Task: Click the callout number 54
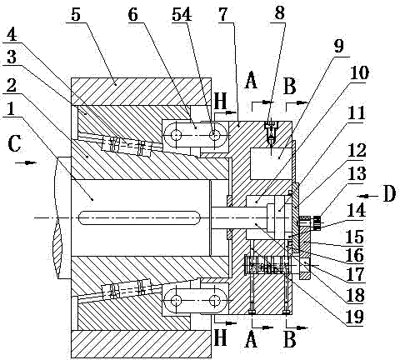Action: pyautogui.click(x=182, y=14)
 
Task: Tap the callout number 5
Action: pyautogui.click(x=76, y=14)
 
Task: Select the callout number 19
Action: pyautogui.click(x=354, y=317)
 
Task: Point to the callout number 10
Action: pyautogui.click(x=359, y=72)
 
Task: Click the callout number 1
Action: pyautogui.click(x=10, y=109)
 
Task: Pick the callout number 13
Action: pyautogui.click(x=357, y=174)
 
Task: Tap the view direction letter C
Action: pyautogui.click(x=14, y=144)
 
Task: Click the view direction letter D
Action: pyautogui.click(x=389, y=193)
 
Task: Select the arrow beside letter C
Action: pyautogui.click(x=26, y=162)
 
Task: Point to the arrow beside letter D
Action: pyautogui.click(x=367, y=196)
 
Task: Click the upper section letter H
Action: pyautogui.click(x=221, y=101)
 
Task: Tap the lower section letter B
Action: pyautogui.click(x=290, y=339)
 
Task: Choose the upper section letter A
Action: pyautogui.click(x=251, y=80)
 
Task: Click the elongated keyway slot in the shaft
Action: pyautogui.click(x=140, y=217)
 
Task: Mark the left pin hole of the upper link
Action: pyautogui.click(x=176, y=136)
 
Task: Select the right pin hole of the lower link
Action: pyautogui.click(x=215, y=300)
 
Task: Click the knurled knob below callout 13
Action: pyautogui.click(x=317, y=223)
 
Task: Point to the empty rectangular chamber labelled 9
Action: pyautogui.click(x=271, y=163)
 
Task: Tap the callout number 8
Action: pyautogui.click(x=280, y=12)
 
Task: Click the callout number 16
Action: pyautogui.click(x=354, y=255)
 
